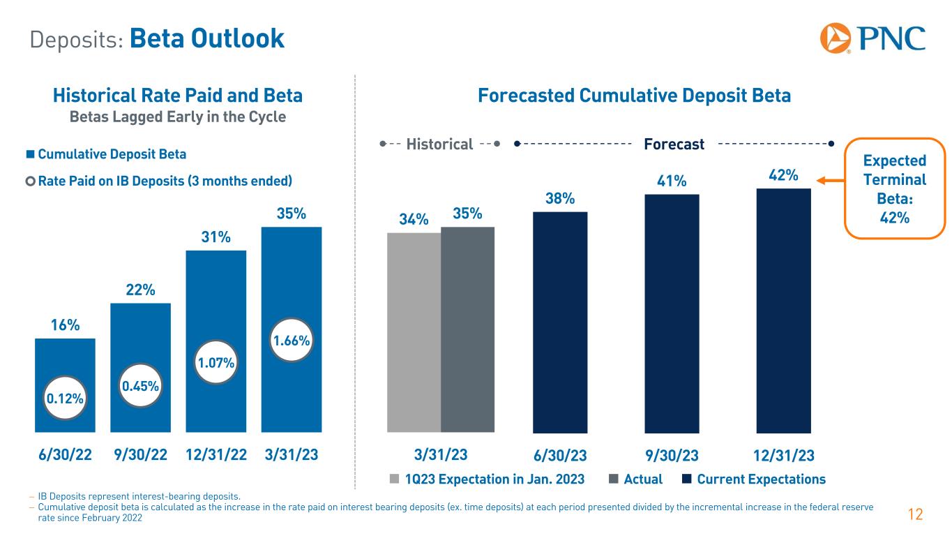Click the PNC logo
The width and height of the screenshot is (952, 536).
tap(872, 38)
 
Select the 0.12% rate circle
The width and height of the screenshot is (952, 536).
tap(65, 399)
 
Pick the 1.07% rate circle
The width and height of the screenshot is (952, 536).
tap(216, 362)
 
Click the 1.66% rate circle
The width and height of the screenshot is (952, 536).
tap(291, 341)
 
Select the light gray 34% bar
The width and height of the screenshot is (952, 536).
tap(414, 332)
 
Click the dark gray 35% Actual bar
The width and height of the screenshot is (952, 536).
tap(467, 329)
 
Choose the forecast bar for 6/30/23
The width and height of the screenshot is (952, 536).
tap(560, 322)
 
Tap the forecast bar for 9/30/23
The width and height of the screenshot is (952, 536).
tap(672, 313)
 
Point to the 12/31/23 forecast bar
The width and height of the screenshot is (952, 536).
tap(783, 311)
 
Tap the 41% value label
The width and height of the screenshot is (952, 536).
tap(672, 181)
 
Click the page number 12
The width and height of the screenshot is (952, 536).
tap(915, 515)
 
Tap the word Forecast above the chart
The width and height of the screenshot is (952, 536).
tap(674, 144)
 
